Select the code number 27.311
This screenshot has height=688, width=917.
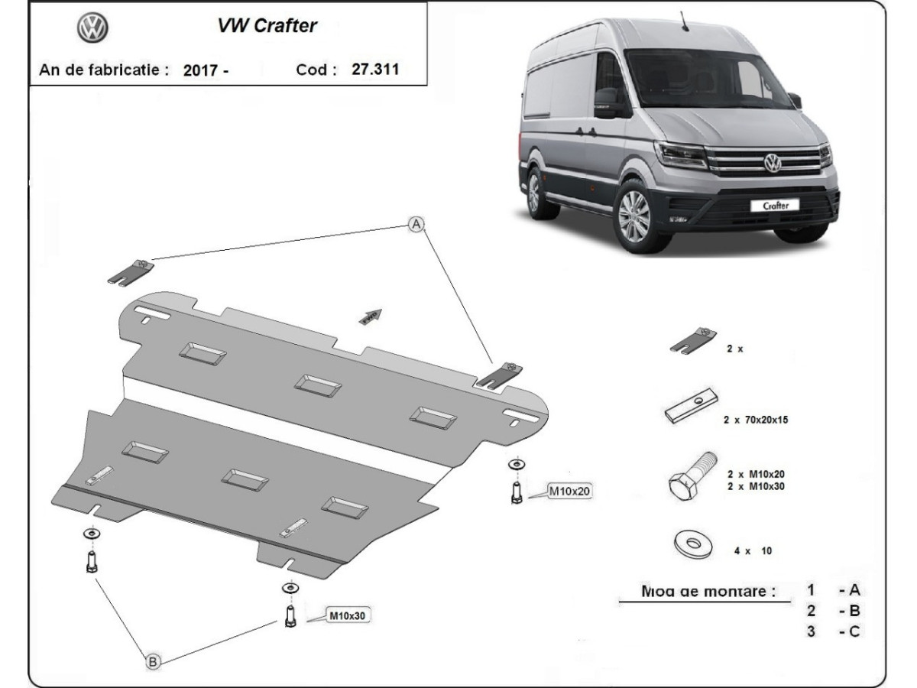tap(375, 69)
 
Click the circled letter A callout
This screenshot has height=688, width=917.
tap(415, 224)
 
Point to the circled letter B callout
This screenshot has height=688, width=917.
tap(153, 662)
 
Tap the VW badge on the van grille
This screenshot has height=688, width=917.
tap(773, 163)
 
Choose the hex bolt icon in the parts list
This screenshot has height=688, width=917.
tap(691, 475)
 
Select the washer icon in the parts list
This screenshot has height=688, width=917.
tap(693, 544)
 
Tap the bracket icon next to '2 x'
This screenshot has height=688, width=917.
tap(693, 341)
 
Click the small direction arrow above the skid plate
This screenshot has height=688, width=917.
tap(371, 316)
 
